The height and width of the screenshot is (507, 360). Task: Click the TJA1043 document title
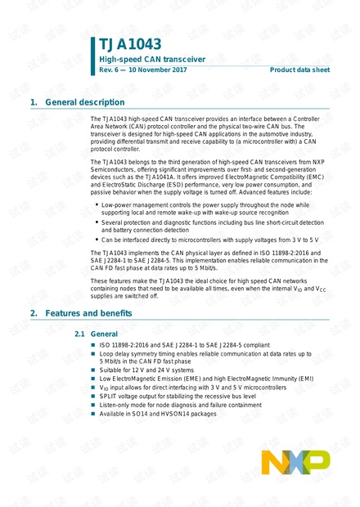pyautogui.click(x=130, y=44)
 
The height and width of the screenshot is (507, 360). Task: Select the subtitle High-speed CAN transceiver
pyautogui.click(x=142, y=60)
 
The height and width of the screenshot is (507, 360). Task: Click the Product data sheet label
pyautogui.click(x=300, y=70)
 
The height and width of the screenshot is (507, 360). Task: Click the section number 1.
pyautogui.click(x=33, y=102)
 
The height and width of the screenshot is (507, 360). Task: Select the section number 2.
pyautogui.click(x=33, y=313)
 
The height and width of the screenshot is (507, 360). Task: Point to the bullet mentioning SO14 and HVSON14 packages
pyautogui.click(x=159, y=414)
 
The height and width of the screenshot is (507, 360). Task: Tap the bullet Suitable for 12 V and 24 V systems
pyautogui.click(x=147, y=370)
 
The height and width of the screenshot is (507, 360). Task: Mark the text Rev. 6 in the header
pyautogui.click(x=110, y=70)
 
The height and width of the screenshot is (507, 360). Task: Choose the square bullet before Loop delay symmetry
pyautogui.click(x=93, y=354)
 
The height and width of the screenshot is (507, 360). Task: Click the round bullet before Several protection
pyautogui.click(x=97, y=222)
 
